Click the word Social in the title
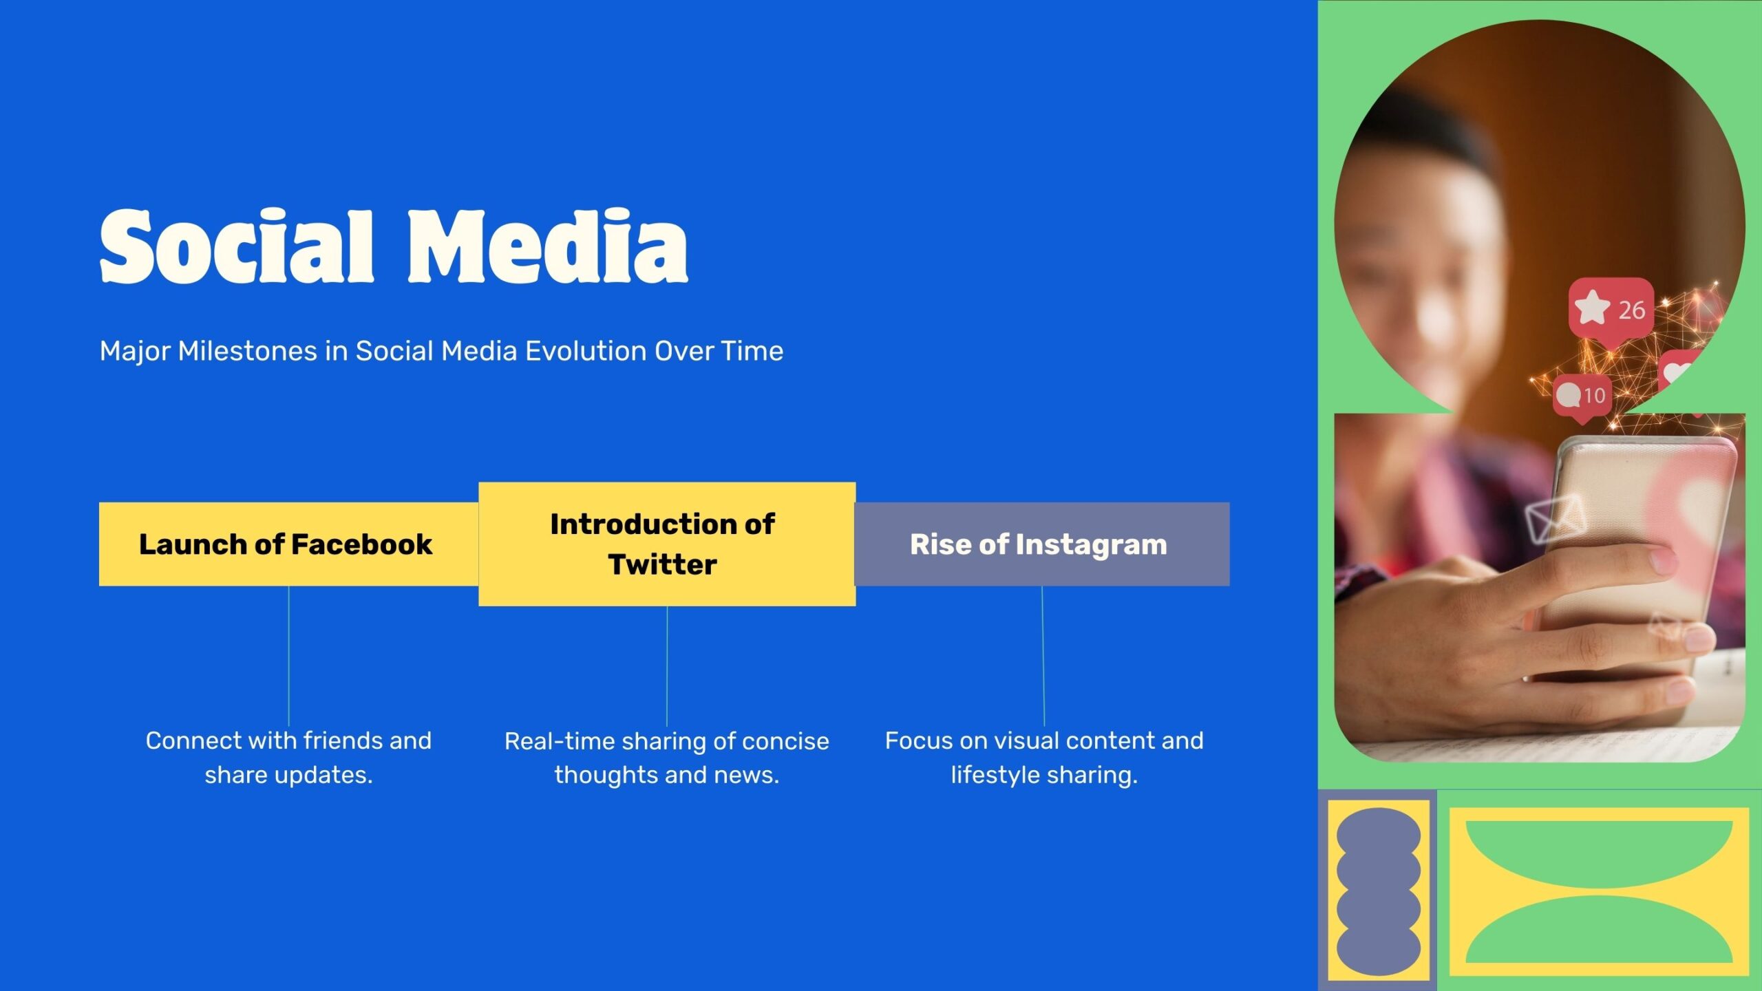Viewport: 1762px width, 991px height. pos(237,246)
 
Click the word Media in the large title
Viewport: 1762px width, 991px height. pos(549,246)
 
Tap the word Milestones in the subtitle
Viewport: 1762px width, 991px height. pos(251,351)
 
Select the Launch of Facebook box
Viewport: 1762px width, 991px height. pos(289,544)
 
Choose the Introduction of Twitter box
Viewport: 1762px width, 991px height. pos(667,544)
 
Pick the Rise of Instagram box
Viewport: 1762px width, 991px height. pos(1042,544)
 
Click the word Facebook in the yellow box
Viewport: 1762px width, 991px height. pos(362,544)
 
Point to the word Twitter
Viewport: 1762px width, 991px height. pos(663,564)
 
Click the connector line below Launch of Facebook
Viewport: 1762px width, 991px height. pos(289,656)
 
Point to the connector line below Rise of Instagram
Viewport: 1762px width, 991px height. pos(1043,656)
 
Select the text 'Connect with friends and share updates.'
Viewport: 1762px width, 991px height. pos(289,758)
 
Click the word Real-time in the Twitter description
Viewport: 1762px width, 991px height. pos(560,741)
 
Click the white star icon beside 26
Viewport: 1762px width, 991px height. pos(1592,308)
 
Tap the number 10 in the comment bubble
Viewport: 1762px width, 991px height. pos(1594,396)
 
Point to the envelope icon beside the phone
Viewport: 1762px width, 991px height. pos(1556,518)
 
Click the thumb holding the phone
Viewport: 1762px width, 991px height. pos(1597,571)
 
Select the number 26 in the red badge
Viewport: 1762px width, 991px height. pos(1631,310)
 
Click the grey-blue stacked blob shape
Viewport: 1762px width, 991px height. pos(1379,891)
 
